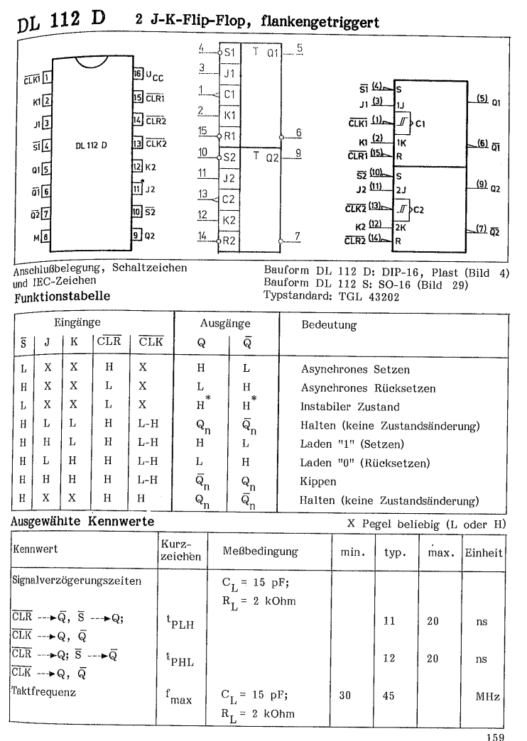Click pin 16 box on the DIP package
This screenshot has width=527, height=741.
click(137, 74)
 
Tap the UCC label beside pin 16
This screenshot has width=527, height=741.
click(155, 74)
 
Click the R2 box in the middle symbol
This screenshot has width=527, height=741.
click(229, 241)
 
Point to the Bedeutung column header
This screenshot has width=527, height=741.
click(330, 324)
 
